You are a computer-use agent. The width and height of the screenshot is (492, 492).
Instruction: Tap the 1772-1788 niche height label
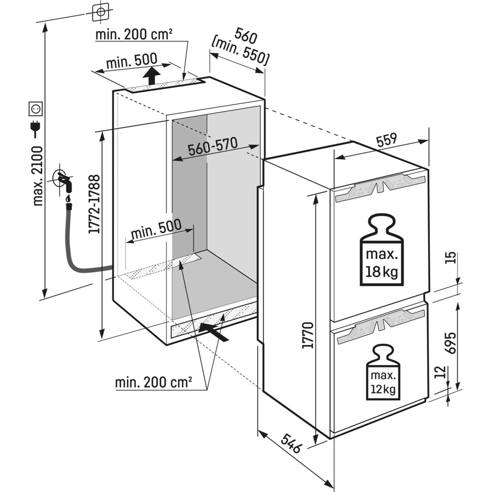coord(94,204)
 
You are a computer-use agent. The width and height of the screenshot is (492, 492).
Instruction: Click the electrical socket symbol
coord(36,107)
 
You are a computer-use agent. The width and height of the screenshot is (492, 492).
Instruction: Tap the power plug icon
coord(35,129)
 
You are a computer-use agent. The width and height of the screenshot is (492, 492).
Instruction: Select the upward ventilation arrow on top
coord(152,76)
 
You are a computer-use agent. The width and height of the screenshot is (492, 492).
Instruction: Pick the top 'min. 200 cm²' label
coord(134,35)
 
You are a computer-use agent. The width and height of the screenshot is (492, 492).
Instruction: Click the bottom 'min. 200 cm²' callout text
coord(154,382)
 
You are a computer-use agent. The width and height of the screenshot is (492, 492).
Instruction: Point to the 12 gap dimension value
coord(441,372)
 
